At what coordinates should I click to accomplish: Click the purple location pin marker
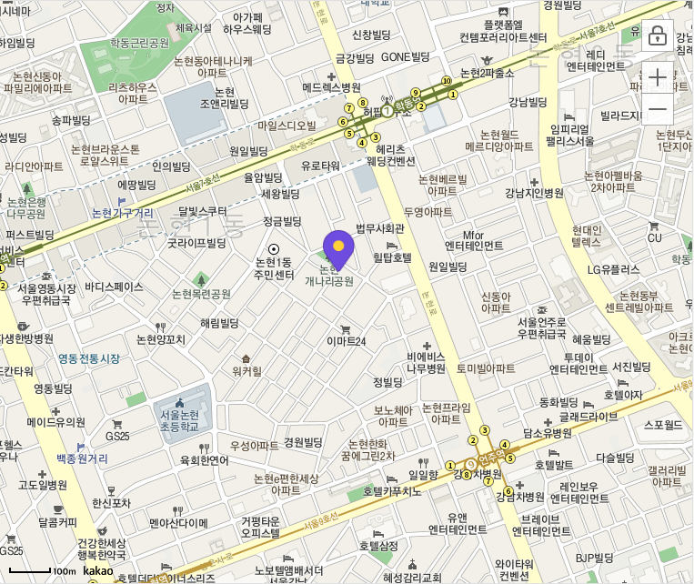coord(338,247)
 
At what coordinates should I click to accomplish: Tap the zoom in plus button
coord(657,77)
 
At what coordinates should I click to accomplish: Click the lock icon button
coord(657,38)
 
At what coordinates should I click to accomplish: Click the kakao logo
coord(97,570)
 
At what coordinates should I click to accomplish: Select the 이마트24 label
coord(346,341)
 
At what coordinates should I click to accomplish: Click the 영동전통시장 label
coord(88,358)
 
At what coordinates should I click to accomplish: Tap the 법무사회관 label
coord(379,227)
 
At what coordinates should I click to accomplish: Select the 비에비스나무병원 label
coord(425,362)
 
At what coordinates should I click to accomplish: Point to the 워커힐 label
coord(246,370)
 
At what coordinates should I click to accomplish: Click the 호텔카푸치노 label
coord(393,491)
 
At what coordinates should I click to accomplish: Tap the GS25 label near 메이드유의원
coord(117,436)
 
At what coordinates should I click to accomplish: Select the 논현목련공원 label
coord(201,294)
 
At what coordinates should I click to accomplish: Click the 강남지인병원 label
coord(536,193)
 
